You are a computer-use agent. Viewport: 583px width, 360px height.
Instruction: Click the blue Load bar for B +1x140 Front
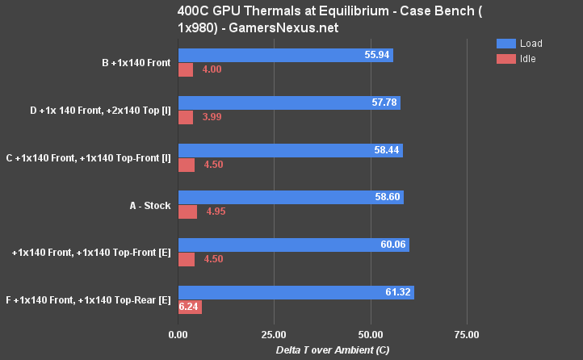pyautogui.click(x=285, y=55)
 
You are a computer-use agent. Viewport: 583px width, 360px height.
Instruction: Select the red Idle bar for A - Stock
pyautogui.click(x=187, y=212)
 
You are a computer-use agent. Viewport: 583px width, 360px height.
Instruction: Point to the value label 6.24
pyautogui.click(x=189, y=308)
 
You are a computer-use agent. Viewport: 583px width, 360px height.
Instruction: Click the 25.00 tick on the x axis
pyautogui.click(x=274, y=333)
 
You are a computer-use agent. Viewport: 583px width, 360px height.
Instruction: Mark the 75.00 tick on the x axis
pyautogui.click(x=467, y=333)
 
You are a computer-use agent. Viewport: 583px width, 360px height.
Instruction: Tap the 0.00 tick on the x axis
pyautogui.click(x=178, y=333)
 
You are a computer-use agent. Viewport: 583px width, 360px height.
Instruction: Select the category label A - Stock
pyautogui.click(x=150, y=206)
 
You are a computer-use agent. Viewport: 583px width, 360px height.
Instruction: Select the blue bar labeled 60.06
pyautogui.click(x=293, y=245)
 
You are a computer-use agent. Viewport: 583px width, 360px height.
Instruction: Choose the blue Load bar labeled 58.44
pyautogui.click(x=290, y=150)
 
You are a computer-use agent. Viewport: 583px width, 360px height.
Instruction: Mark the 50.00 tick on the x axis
pyautogui.click(x=370, y=333)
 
